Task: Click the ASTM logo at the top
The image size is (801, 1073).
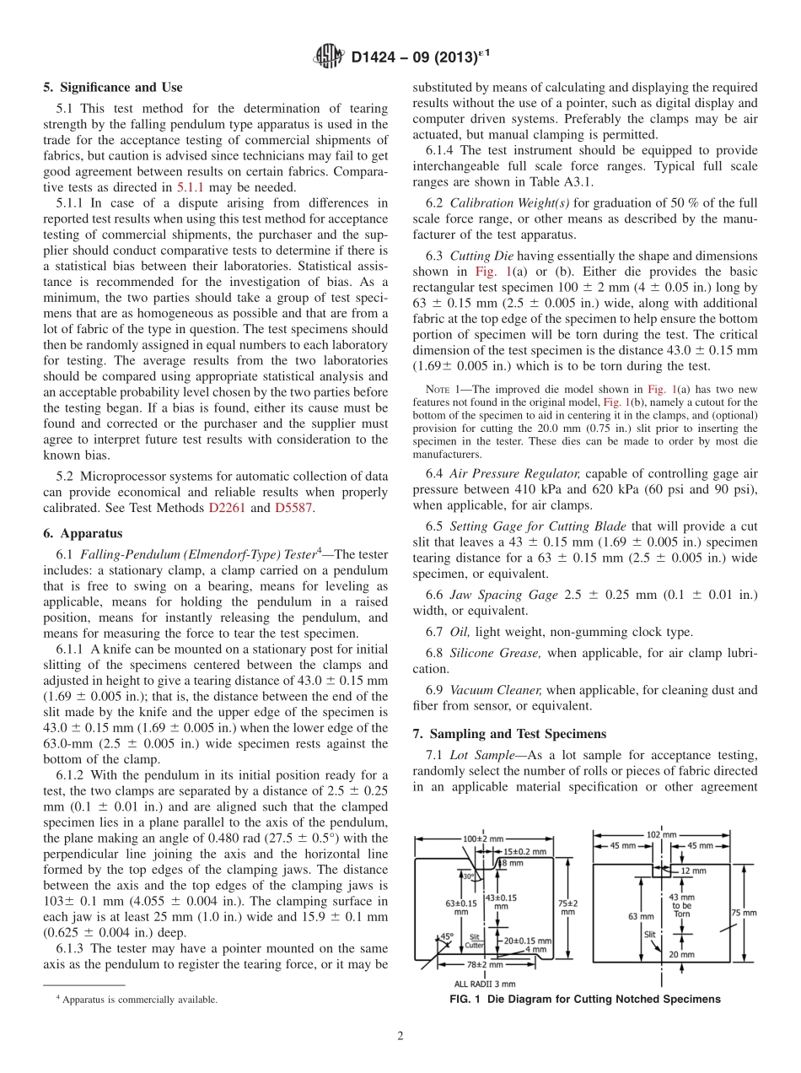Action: (x=328, y=57)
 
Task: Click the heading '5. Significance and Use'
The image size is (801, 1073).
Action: (x=113, y=87)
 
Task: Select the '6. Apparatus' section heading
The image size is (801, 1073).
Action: (x=83, y=533)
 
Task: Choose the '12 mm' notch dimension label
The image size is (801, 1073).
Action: (x=693, y=870)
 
